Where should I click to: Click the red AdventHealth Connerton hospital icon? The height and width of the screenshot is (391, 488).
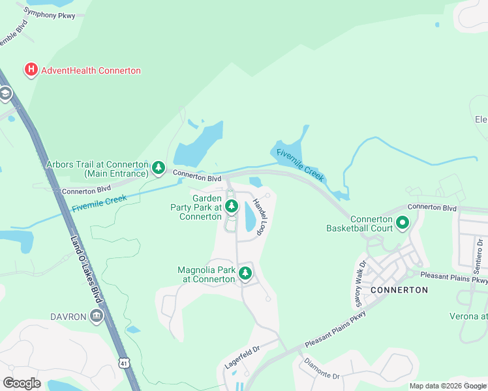pos(30,70)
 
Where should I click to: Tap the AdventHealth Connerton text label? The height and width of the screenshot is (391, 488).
pos(91,70)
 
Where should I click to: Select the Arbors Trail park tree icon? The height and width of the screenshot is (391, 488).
pos(158,169)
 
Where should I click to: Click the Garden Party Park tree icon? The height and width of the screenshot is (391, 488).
pos(231,207)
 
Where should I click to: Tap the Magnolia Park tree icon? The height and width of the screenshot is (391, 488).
pos(245,274)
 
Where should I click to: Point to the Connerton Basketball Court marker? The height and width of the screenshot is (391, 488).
pos(403,224)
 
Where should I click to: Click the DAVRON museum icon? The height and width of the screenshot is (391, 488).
pos(97,317)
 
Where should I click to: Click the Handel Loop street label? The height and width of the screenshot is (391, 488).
pos(258,216)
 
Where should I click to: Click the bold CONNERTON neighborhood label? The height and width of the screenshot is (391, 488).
pos(399,289)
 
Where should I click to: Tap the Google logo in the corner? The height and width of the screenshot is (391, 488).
pos(22,383)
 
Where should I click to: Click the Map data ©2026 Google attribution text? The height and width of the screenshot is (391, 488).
pos(448,386)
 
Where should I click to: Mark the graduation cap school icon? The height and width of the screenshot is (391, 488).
pos(5,94)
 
